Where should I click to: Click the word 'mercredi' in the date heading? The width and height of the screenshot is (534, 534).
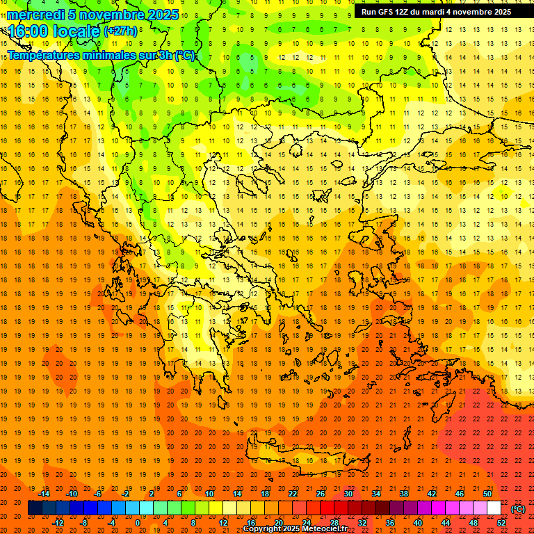point(35,15)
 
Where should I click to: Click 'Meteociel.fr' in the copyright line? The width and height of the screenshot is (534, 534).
point(324,529)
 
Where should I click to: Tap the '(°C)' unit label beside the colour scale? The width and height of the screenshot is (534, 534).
point(518,509)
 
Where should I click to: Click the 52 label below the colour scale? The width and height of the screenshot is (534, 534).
point(501,523)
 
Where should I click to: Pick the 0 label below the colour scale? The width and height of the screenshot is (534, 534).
point(137,523)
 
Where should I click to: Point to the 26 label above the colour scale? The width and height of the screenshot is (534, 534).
point(321,494)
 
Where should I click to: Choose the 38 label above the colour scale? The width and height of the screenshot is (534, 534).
point(404,494)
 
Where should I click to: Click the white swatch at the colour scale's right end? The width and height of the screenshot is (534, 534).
point(494,508)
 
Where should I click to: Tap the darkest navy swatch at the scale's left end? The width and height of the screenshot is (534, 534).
point(35,508)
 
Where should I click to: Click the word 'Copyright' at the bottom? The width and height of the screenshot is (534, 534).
point(264,529)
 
